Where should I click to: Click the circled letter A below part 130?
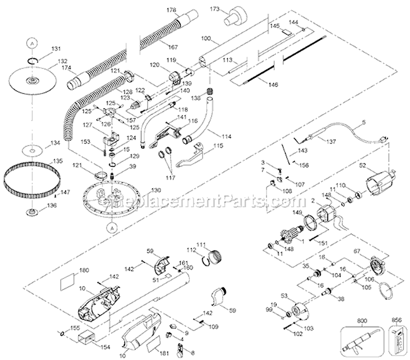(113, 227)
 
